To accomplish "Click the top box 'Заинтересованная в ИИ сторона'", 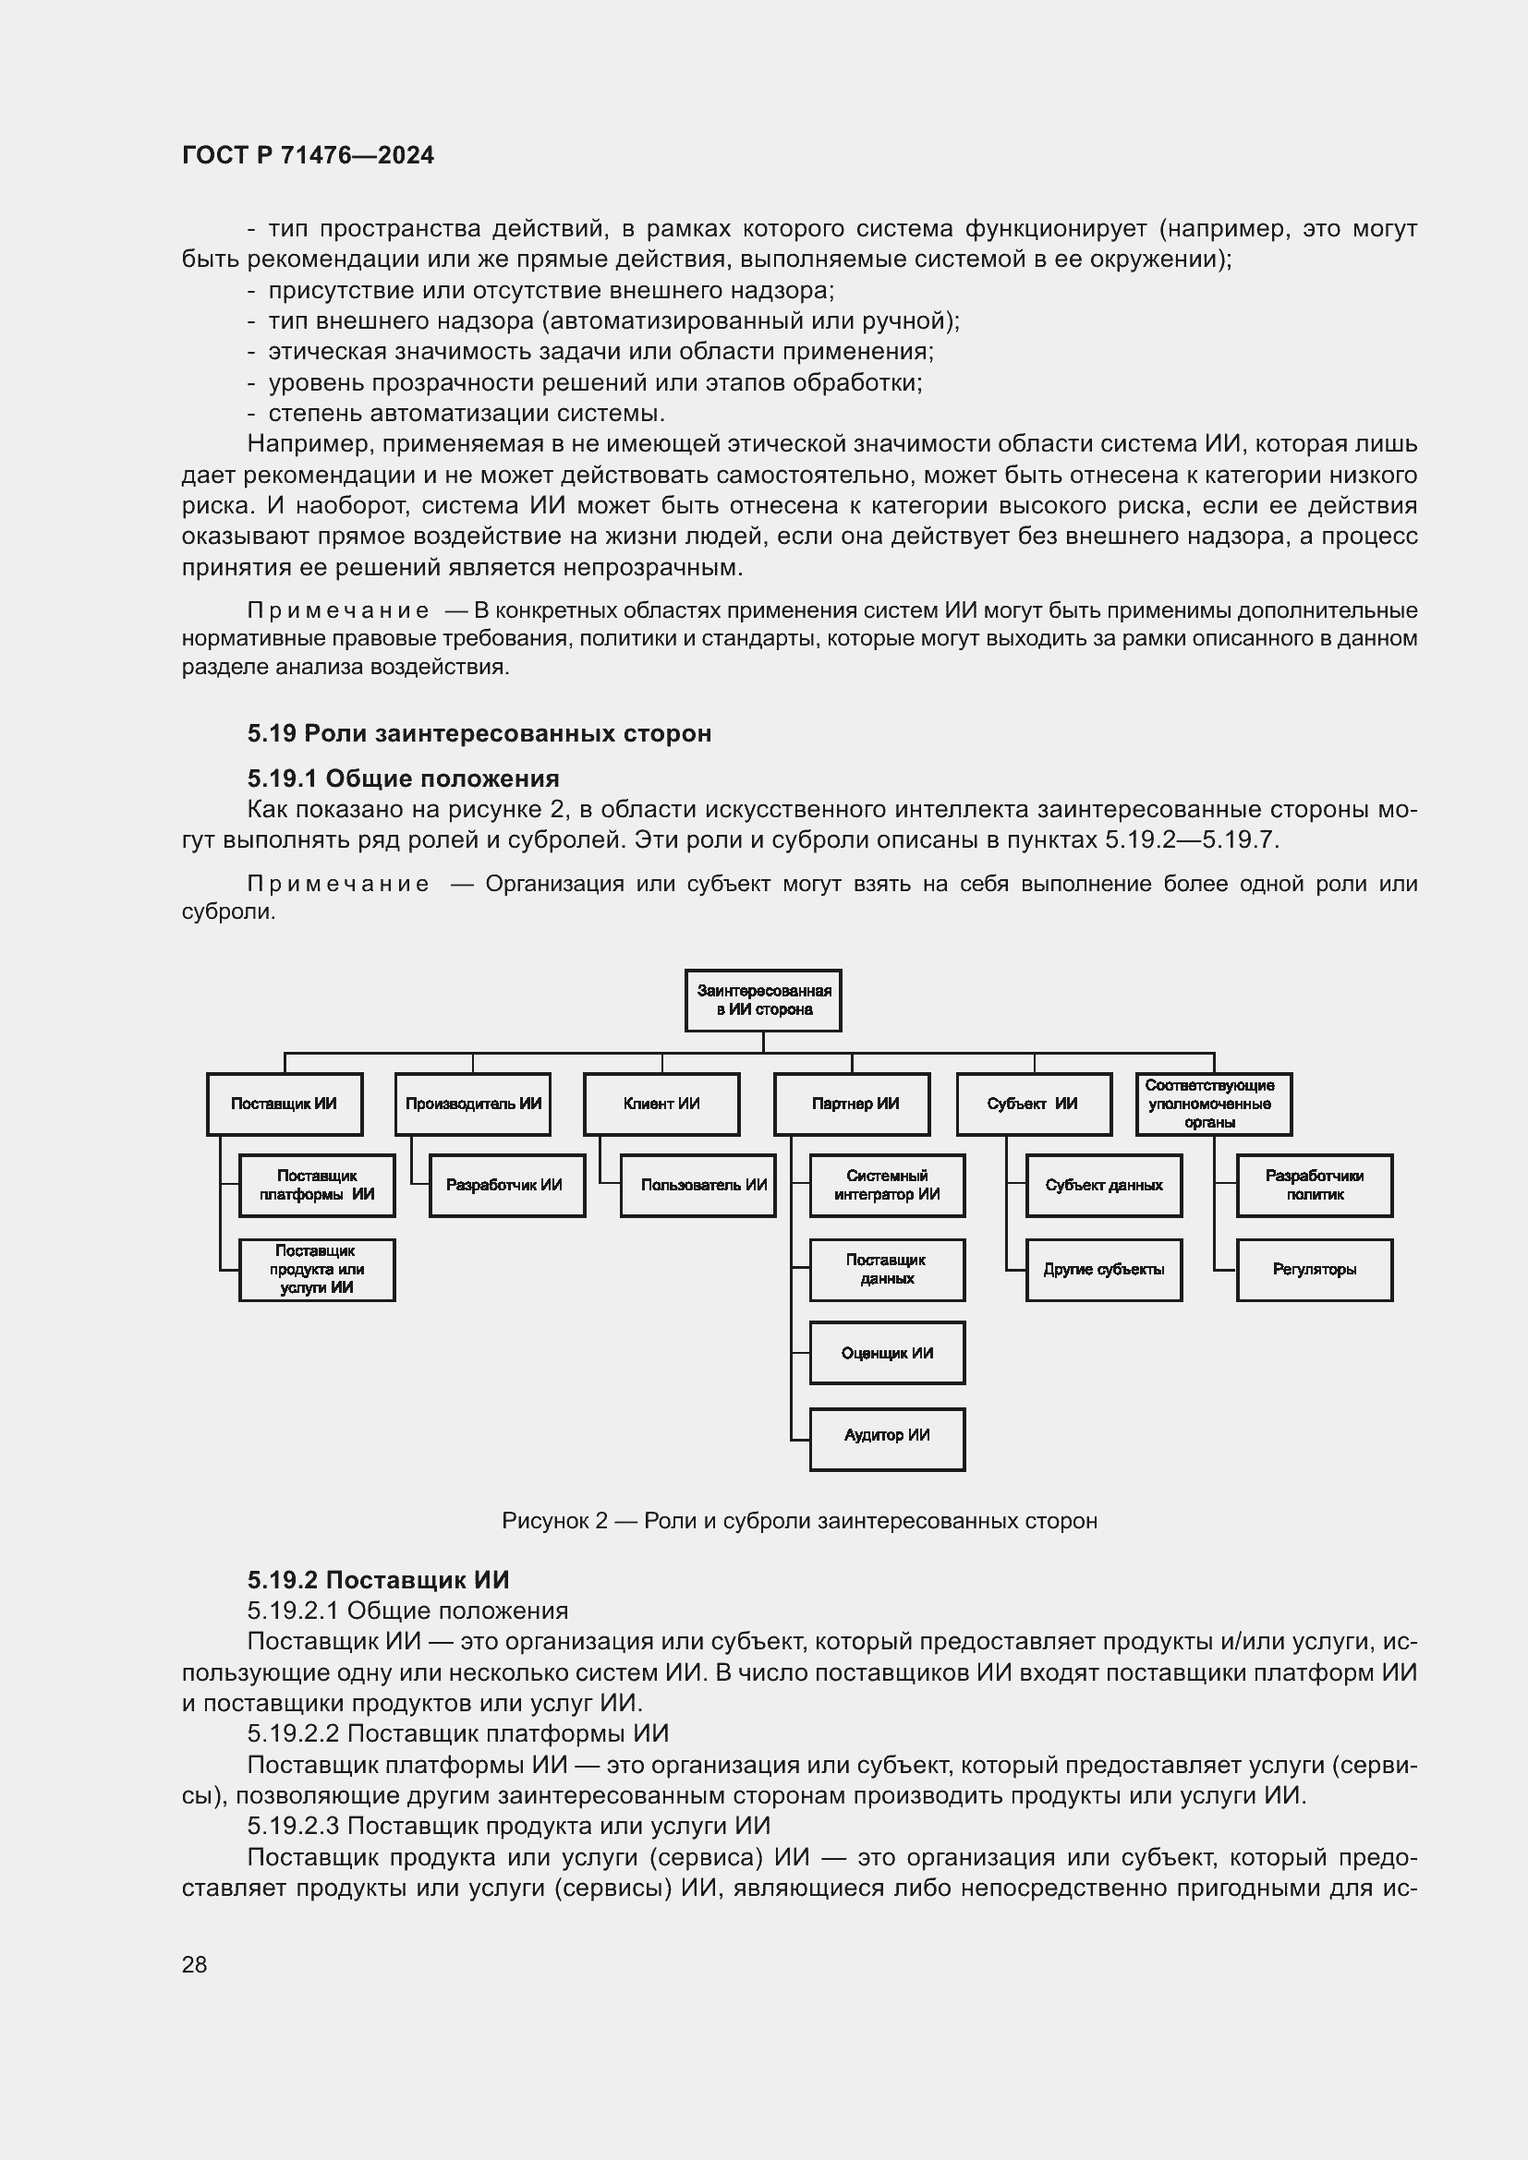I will (762, 1000).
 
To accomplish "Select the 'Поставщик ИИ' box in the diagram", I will (285, 1104).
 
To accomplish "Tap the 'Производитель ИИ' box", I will (472, 1104).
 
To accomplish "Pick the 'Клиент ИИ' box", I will (661, 1104).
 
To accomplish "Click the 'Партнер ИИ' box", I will (852, 1104).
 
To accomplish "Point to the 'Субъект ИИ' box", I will (1033, 1104).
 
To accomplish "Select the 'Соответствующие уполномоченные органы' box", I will (1213, 1104).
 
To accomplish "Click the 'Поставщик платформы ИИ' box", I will (317, 1186).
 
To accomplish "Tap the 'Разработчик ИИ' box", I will (506, 1186).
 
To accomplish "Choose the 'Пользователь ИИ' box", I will (698, 1186).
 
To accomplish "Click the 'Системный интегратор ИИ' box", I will (886, 1186).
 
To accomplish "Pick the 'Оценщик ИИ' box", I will (886, 1353).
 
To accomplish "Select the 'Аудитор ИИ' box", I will (886, 1435).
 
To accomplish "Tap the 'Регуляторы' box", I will (1314, 1269).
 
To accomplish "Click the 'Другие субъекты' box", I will (1103, 1269).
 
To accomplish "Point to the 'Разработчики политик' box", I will (1314, 1186).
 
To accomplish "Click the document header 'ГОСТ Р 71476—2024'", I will (308, 155).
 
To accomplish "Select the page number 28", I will (194, 1964).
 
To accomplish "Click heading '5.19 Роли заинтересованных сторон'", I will (479, 733).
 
